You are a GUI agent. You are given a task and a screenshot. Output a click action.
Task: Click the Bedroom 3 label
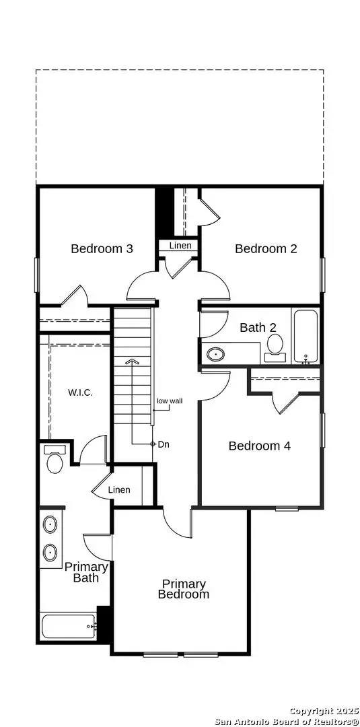pyautogui.click(x=102, y=248)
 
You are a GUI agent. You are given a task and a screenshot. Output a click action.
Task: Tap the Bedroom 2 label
pyautogui.click(x=266, y=248)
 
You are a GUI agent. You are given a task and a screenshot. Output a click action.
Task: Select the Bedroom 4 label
pyautogui.click(x=259, y=446)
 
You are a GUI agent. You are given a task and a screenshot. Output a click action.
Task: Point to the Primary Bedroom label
pyautogui.click(x=184, y=589)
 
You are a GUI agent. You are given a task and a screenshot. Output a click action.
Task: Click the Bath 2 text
pyautogui.click(x=258, y=328)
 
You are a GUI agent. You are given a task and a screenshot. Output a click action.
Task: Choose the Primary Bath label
pyautogui.click(x=86, y=572)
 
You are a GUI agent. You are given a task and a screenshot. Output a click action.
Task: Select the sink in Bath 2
pyautogui.click(x=216, y=353)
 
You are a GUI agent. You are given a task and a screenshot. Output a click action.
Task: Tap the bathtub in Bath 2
pyautogui.click(x=306, y=337)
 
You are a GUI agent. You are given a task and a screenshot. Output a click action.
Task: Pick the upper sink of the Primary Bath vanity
pyautogui.click(x=50, y=524)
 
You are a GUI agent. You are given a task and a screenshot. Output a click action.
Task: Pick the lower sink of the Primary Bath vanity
pyautogui.click(x=50, y=553)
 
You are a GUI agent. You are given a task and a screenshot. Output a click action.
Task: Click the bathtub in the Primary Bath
pyautogui.click(x=69, y=627)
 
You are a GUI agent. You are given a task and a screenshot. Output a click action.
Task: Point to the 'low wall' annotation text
pyautogui.click(x=170, y=401)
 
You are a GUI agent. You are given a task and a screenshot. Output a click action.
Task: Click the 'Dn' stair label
pyautogui.click(x=163, y=444)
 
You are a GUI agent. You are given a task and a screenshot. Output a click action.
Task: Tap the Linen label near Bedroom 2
pyautogui.click(x=180, y=246)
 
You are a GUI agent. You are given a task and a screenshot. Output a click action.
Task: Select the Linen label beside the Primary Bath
pyautogui.click(x=119, y=489)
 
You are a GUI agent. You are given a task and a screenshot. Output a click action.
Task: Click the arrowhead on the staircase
pyautogui.click(x=133, y=362)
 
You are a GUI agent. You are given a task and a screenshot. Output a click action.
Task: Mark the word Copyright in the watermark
pyautogui.click(x=311, y=711)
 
